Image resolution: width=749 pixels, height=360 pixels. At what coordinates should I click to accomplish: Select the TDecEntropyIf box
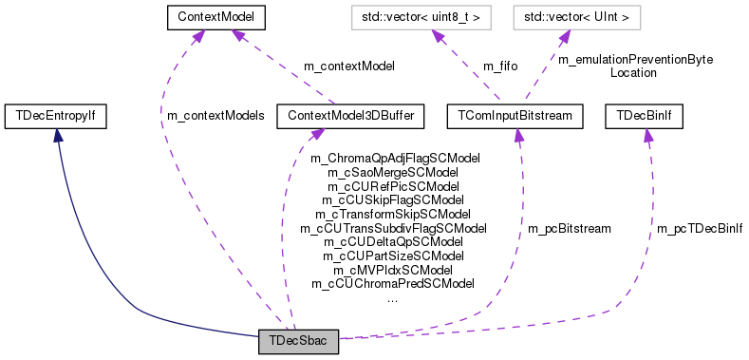tap(56, 116)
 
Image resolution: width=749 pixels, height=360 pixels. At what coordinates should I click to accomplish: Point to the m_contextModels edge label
tap(215, 116)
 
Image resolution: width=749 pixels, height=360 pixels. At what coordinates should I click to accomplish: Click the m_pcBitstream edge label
tap(570, 229)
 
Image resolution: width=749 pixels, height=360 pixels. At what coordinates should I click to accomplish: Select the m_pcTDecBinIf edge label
tap(701, 229)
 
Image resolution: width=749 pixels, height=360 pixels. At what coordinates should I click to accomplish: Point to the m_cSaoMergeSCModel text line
tap(393, 173)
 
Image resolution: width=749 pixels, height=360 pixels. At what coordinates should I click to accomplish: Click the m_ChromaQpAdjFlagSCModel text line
tap(393, 159)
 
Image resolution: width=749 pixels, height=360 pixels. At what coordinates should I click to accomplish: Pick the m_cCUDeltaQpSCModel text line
tap(393, 242)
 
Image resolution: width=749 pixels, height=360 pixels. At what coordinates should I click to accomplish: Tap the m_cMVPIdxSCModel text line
tap(393, 270)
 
